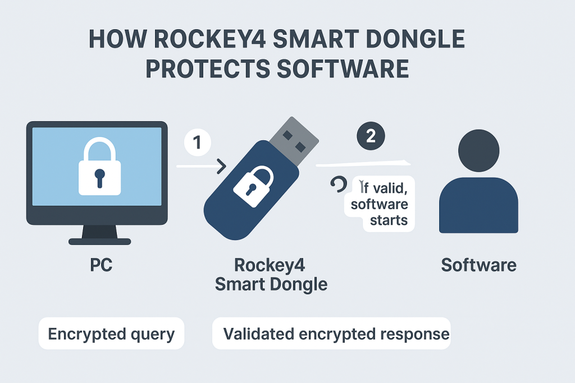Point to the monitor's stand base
[100, 241]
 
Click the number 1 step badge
[197, 144]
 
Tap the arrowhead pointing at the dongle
[221, 166]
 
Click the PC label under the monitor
[101, 265]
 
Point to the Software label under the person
[478, 265]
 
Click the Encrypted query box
[111, 334]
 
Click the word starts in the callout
[389, 219]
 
